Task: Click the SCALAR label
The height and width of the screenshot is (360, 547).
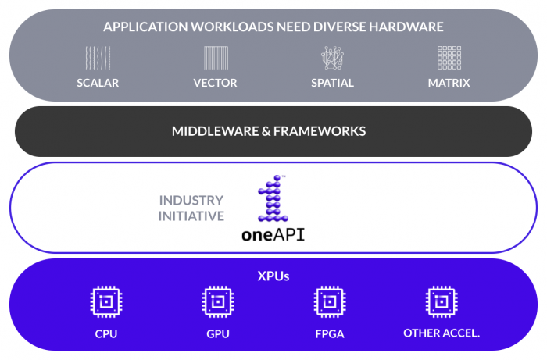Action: (x=98, y=83)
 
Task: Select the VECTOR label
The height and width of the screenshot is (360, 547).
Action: (x=215, y=83)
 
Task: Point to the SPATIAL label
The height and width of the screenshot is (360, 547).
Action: (x=332, y=83)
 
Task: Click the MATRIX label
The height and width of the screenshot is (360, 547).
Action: (x=449, y=83)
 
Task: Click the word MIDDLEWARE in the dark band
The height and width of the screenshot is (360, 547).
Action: (x=215, y=131)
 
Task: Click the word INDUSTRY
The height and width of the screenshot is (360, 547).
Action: (x=191, y=201)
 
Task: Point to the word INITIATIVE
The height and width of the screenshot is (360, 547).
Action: (x=191, y=216)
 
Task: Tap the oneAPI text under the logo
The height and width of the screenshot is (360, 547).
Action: (x=273, y=233)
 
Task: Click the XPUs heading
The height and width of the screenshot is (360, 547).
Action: (x=273, y=275)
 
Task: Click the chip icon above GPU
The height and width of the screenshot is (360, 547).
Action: (x=217, y=302)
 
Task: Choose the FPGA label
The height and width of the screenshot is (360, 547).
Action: (x=329, y=333)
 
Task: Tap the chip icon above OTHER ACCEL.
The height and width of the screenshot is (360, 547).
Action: (x=442, y=302)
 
